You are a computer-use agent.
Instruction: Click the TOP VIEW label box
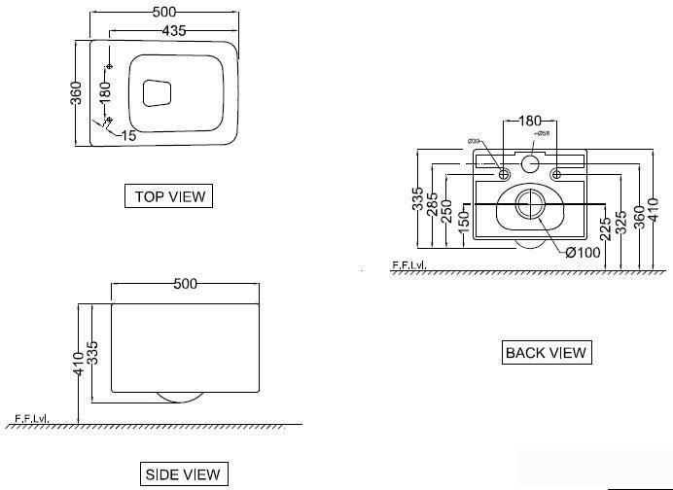pos(170,196)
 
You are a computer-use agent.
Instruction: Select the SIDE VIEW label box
pos(183,474)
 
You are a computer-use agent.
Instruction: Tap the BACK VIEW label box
pos(547,353)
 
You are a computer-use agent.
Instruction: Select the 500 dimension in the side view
pos(185,284)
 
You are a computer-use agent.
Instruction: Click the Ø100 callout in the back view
pos(584,252)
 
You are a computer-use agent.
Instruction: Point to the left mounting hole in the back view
pos(504,174)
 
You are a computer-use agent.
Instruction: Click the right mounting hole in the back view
pos(555,174)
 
